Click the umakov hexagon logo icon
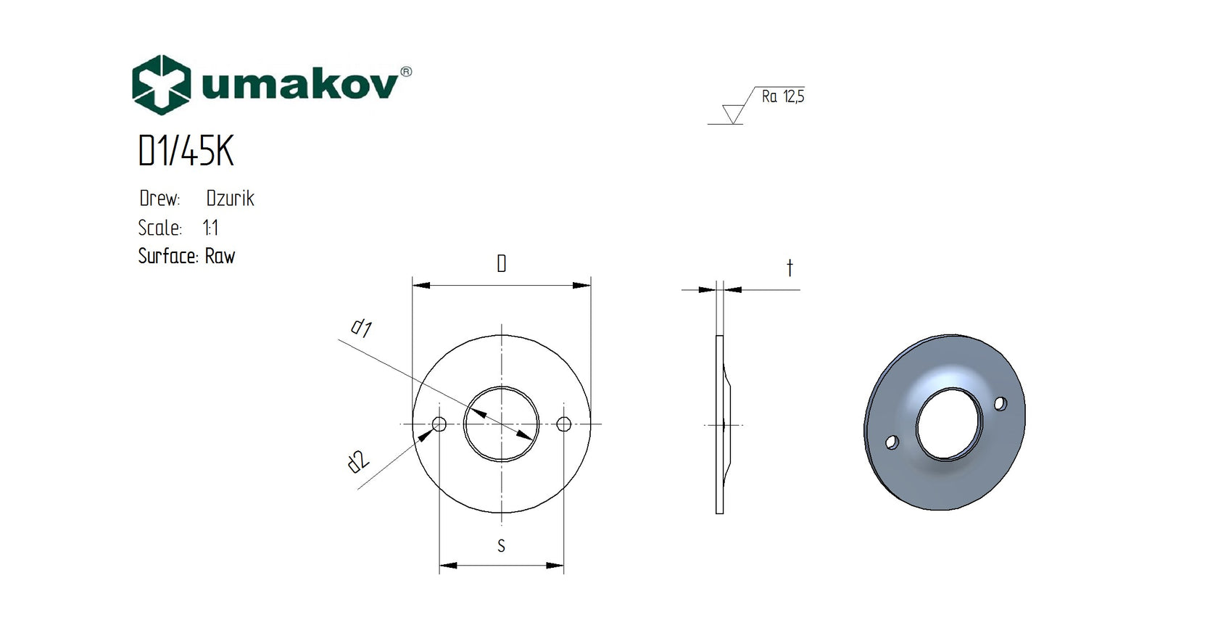(161, 85)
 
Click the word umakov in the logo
(299, 85)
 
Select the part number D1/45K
(186, 152)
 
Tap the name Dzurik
(230, 199)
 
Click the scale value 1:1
(210, 228)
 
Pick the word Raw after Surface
(220, 257)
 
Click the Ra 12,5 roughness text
(782, 96)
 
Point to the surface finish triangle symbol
(733, 114)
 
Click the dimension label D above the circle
(501, 264)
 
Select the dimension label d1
(361, 328)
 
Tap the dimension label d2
(358, 462)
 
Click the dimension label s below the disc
(501, 546)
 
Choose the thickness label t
(790, 268)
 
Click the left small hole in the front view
(439, 424)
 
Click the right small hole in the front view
(564, 424)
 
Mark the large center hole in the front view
(501, 424)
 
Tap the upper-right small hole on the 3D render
(1000, 404)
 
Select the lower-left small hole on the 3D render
(892, 442)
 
